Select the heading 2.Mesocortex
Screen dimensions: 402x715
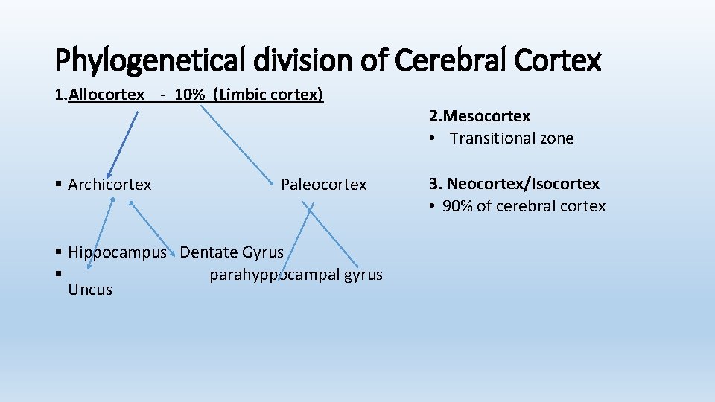480,116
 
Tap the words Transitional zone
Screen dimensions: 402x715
512,138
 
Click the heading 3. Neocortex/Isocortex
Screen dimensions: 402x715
514,184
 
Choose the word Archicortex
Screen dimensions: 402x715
109,185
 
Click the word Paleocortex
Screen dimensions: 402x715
324,185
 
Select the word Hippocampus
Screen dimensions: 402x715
117,252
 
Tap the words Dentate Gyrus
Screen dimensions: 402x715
232,252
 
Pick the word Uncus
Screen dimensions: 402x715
90,290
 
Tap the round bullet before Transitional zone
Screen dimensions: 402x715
432,138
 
